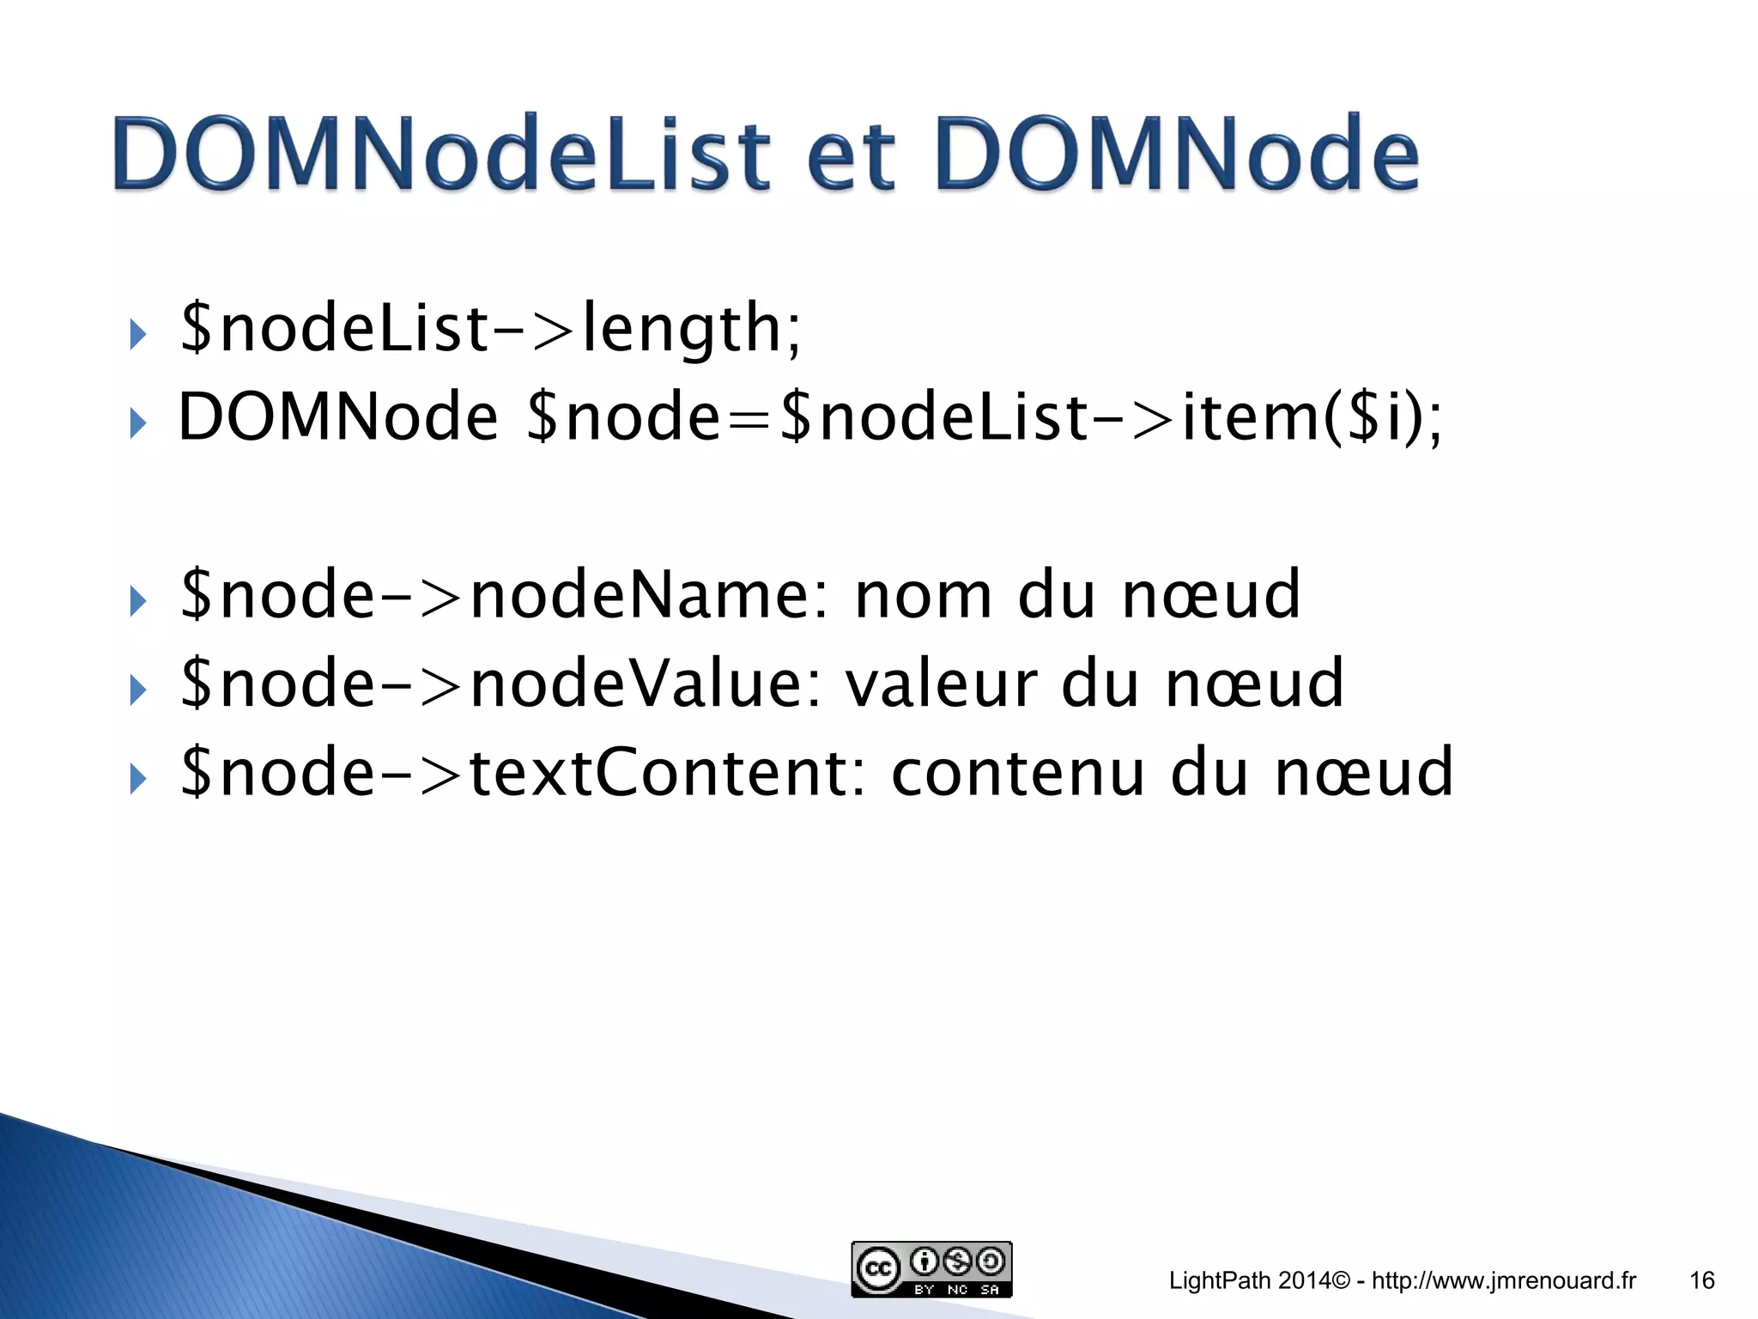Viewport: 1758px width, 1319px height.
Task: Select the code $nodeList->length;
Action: pos(491,329)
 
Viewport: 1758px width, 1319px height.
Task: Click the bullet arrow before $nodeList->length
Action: pos(137,334)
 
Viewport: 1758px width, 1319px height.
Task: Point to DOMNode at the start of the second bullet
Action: pos(337,418)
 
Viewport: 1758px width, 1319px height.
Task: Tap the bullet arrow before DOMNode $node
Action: pos(137,422)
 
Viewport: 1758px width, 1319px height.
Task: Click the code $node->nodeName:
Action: pos(506,595)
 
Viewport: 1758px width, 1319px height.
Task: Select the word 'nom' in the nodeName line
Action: pos(924,595)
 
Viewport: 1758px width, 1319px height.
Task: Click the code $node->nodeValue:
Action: pos(501,684)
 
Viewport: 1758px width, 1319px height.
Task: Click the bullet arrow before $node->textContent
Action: pos(137,778)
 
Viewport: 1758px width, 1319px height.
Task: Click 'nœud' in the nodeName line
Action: pos(1211,595)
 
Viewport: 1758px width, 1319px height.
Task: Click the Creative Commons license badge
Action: pos(931,1268)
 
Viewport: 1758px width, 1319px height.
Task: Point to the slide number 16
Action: pos(1701,1280)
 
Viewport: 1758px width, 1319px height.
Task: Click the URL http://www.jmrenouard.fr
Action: pos(1504,1280)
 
